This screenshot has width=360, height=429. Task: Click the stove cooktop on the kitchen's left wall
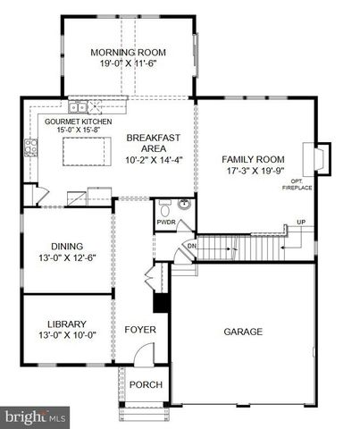[29, 147]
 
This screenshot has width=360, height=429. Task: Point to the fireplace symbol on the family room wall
[318, 159]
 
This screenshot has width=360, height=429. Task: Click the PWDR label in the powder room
[164, 221]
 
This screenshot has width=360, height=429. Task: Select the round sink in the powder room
[182, 205]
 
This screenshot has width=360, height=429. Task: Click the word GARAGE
[243, 332]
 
